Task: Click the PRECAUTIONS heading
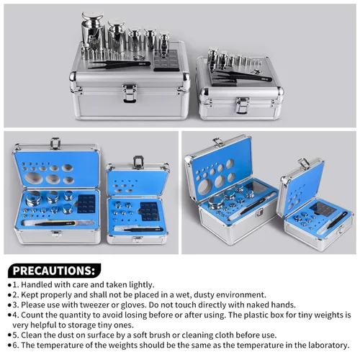pyautogui.click(x=53, y=271)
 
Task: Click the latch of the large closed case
pyautogui.click(x=130, y=93)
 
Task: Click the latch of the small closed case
pyautogui.click(x=242, y=105)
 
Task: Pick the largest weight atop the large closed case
pyautogui.click(x=92, y=30)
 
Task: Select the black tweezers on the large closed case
pyautogui.click(x=120, y=64)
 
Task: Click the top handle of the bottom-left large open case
pyautogui.click(x=55, y=143)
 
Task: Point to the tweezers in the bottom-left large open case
pyautogui.click(x=56, y=223)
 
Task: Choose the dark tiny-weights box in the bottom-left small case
pyautogui.click(x=150, y=211)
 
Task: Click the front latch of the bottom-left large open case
pyautogui.click(x=56, y=233)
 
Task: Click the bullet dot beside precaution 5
pyautogui.click(x=9, y=336)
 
